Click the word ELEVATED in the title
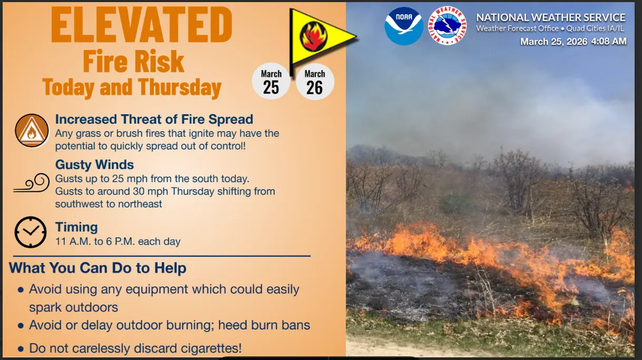click(142, 25)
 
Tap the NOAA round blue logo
click(404, 26)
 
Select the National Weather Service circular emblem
click(447, 26)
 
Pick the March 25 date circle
click(271, 82)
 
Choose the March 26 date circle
click(315, 82)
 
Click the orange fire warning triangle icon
click(32, 131)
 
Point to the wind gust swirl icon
click(32, 183)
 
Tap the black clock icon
click(31, 232)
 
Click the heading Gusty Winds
click(94, 165)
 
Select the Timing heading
click(76, 227)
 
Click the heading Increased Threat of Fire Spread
click(154, 119)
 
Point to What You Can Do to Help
click(97, 268)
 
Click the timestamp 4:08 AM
click(609, 42)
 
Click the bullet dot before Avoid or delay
click(21, 326)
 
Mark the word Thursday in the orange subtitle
click(180, 87)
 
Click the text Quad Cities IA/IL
click(595, 28)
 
